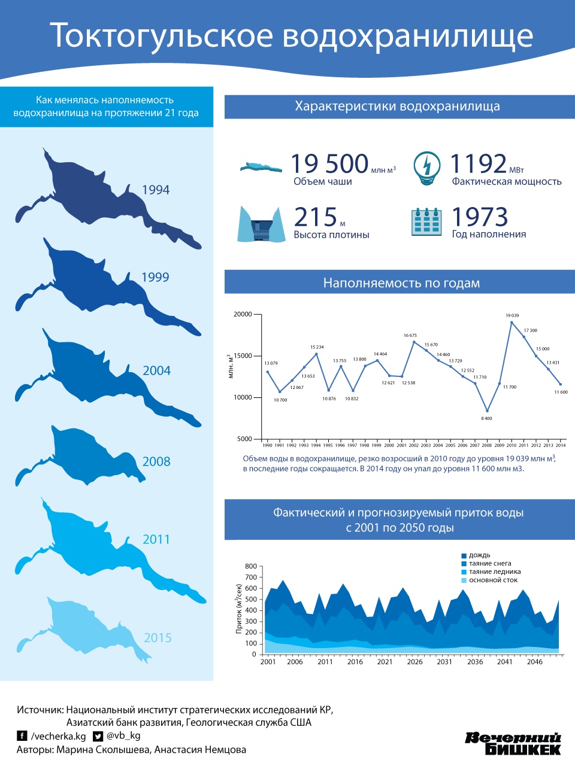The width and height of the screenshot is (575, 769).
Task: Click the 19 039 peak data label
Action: pyautogui.click(x=512, y=315)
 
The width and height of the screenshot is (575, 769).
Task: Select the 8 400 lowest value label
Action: pyautogui.click(x=486, y=418)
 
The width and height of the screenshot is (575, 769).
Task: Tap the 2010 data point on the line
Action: pyautogui.click(x=512, y=323)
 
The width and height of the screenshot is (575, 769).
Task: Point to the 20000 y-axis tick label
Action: pyautogui.click(x=243, y=314)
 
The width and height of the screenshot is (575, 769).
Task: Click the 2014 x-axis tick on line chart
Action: pyautogui.click(x=561, y=445)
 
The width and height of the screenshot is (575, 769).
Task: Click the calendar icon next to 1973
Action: pyautogui.click(x=426, y=221)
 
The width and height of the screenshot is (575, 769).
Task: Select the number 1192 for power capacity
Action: pyautogui.click(x=478, y=163)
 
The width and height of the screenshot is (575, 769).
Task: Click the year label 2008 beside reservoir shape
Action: pyautogui.click(x=156, y=461)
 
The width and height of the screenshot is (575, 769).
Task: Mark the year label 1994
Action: pyautogui.click(x=156, y=190)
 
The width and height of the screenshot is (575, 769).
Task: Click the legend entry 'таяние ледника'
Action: pyautogui.click(x=494, y=572)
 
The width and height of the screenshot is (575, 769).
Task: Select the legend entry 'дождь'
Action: pyautogui.click(x=479, y=555)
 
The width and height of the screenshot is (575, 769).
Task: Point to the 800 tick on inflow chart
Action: pyautogui.click(x=251, y=566)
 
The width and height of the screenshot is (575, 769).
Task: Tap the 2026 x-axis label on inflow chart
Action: pyautogui.click(x=414, y=661)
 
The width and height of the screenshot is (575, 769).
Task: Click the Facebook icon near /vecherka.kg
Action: pyautogui.click(x=22, y=736)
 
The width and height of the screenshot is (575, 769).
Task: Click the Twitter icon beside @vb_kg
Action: pyautogui.click(x=98, y=736)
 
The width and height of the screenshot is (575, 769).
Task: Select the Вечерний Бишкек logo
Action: pyautogui.click(x=513, y=743)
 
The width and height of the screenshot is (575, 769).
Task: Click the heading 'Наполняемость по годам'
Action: pyautogui.click(x=401, y=283)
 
